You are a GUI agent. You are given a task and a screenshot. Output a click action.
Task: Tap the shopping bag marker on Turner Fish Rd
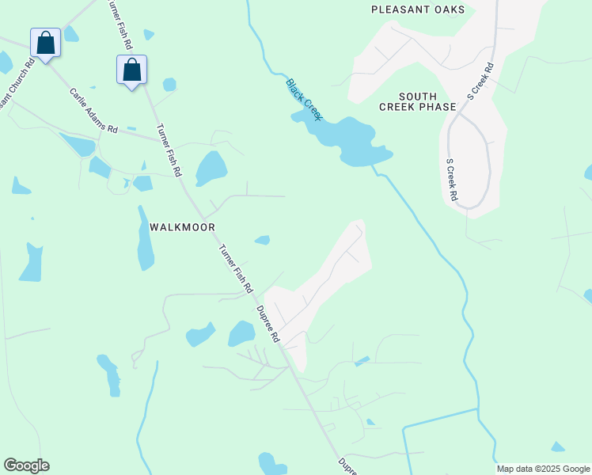tap(131, 70)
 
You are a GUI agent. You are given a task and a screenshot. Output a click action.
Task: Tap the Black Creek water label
tap(304, 99)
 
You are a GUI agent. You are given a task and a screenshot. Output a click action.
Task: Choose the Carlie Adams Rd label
tap(93, 110)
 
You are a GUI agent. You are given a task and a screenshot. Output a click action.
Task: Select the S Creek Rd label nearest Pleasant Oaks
tap(480, 80)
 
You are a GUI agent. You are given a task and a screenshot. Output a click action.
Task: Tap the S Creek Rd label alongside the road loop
tap(451, 179)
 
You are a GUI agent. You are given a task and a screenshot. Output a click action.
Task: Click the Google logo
tap(26, 465)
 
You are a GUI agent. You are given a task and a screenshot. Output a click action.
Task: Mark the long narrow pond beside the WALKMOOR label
tap(146, 239)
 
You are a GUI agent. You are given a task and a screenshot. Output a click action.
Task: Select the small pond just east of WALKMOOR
tap(262, 240)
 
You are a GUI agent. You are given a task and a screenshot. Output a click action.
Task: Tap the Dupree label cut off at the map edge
tap(347, 465)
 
